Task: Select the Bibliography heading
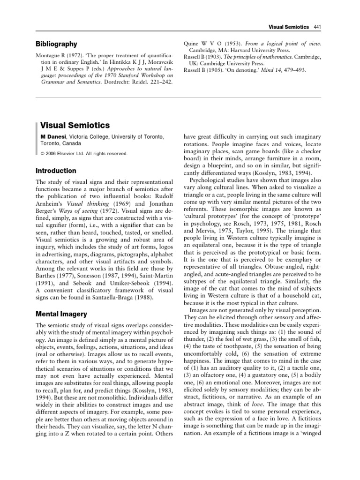[56, 44]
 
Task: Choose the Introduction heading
[56, 171]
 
